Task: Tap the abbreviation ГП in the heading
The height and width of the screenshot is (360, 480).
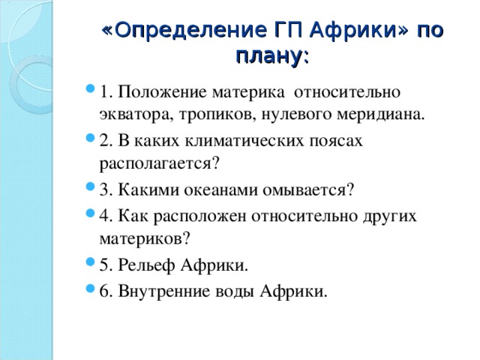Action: (289, 30)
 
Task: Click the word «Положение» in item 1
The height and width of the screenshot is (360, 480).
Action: (162, 91)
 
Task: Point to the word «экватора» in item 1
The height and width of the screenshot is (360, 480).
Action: (137, 115)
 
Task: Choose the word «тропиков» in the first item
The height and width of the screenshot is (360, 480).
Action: (217, 115)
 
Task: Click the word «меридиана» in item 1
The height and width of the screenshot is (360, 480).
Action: (380, 115)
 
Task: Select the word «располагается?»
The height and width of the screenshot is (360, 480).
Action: (160, 163)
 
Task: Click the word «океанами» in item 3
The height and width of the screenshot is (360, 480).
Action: (220, 190)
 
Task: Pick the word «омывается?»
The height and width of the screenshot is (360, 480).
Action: (308, 190)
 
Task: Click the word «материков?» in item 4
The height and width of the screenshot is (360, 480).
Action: (145, 238)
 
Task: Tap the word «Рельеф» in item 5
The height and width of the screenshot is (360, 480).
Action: (146, 265)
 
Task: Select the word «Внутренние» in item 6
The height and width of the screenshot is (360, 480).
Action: (164, 291)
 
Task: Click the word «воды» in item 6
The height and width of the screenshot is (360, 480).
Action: (235, 292)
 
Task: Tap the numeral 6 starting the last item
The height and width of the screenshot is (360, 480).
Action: (104, 291)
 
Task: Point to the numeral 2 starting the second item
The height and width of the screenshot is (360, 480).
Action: (104, 141)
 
